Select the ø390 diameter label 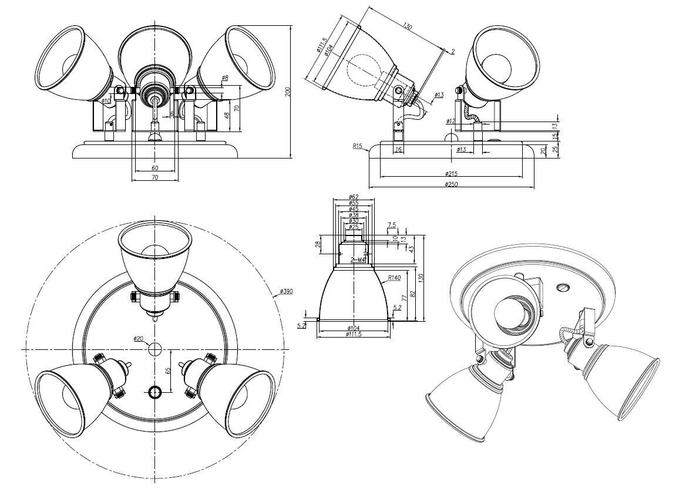287,292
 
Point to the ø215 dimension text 451,174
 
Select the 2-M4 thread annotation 358,259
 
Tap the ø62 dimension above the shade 354,197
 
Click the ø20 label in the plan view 139,338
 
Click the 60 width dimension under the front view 154,168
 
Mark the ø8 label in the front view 225,78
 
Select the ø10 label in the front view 106,101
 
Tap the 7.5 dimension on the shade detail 392,225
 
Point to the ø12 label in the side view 450,122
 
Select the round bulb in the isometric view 507,312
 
